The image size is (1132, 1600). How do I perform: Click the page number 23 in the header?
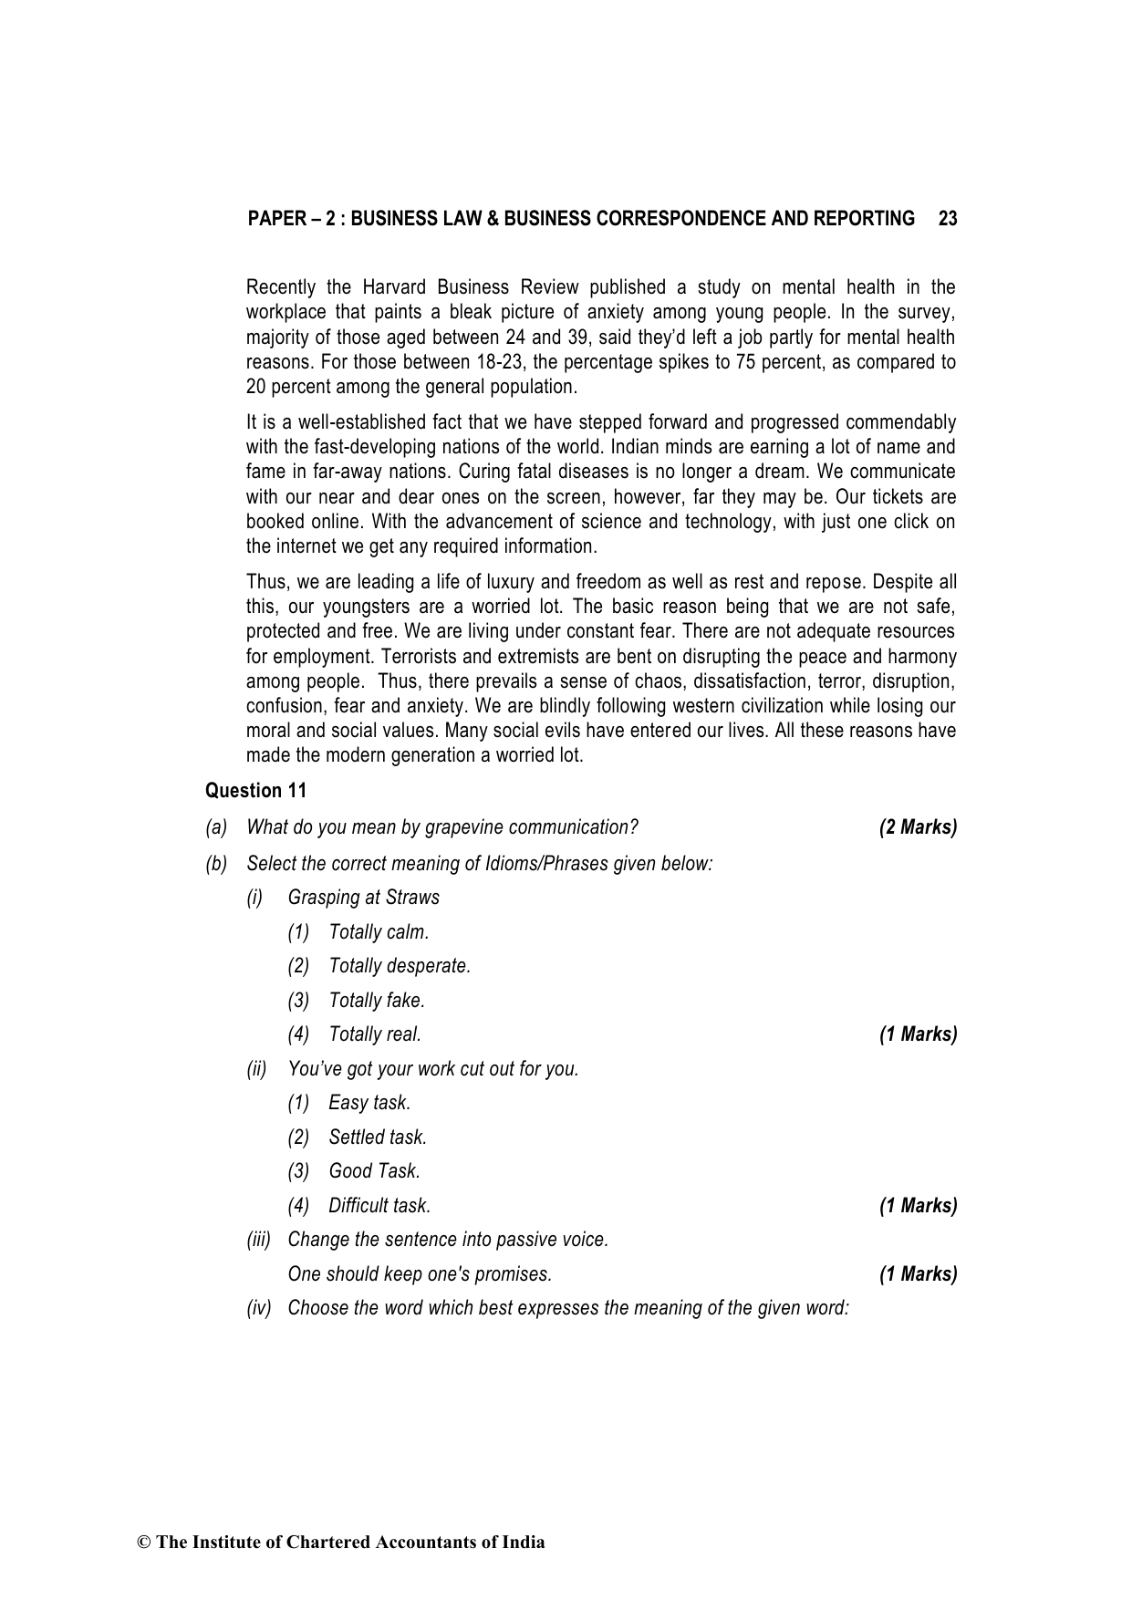(x=947, y=219)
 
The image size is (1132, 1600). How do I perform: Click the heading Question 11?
(x=255, y=791)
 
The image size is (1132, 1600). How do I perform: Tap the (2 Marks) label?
(x=918, y=827)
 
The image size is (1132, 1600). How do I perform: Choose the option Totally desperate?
(x=400, y=966)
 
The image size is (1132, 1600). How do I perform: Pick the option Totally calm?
(x=379, y=932)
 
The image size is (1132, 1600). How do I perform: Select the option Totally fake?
(x=377, y=1001)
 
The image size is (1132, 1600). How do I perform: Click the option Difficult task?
(x=379, y=1206)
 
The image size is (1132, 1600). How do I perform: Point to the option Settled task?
(x=378, y=1138)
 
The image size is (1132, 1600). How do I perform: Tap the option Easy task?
(x=369, y=1103)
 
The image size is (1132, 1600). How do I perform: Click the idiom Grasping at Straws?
(x=363, y=898)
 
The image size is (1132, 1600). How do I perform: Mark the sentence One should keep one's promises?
(x=420, y=1274)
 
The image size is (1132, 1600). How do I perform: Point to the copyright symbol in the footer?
(x=143, y=1543)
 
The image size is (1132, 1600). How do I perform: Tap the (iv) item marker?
(x=259, y=1308)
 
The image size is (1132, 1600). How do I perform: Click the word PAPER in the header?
(x=275, y=219)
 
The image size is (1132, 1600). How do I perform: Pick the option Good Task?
(x=374, y=1171)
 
